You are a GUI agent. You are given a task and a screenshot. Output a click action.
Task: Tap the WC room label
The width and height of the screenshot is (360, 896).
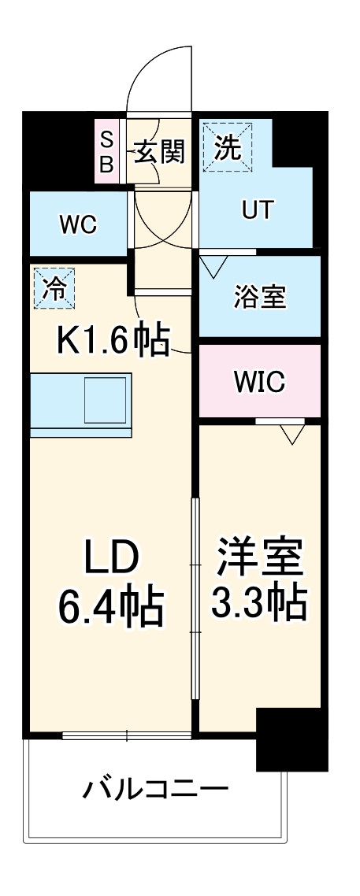[x=78, y=224]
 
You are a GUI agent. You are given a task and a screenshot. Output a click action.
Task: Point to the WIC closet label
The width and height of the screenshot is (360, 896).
[x=259, y=382]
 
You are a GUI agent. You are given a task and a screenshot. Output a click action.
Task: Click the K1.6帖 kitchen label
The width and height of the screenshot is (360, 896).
[x=113, y=340]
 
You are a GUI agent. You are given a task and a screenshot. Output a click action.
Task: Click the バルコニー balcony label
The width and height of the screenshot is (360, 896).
[x=157, y=788]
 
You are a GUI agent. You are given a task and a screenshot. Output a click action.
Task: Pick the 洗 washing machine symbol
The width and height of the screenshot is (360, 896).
[x=227, y=146]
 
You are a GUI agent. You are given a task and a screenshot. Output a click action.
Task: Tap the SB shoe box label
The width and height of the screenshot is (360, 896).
[x=106, y=151]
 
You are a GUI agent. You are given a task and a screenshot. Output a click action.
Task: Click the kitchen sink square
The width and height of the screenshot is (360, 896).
[x=106, y=398]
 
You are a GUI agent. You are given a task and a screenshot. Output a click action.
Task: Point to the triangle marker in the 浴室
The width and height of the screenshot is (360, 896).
[x=212, y=267]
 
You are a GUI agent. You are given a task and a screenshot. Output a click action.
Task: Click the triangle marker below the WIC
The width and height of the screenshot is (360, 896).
[x=291, y=433]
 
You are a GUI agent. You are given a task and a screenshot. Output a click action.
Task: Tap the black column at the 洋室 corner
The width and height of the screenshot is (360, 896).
[x=291, y=739]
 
